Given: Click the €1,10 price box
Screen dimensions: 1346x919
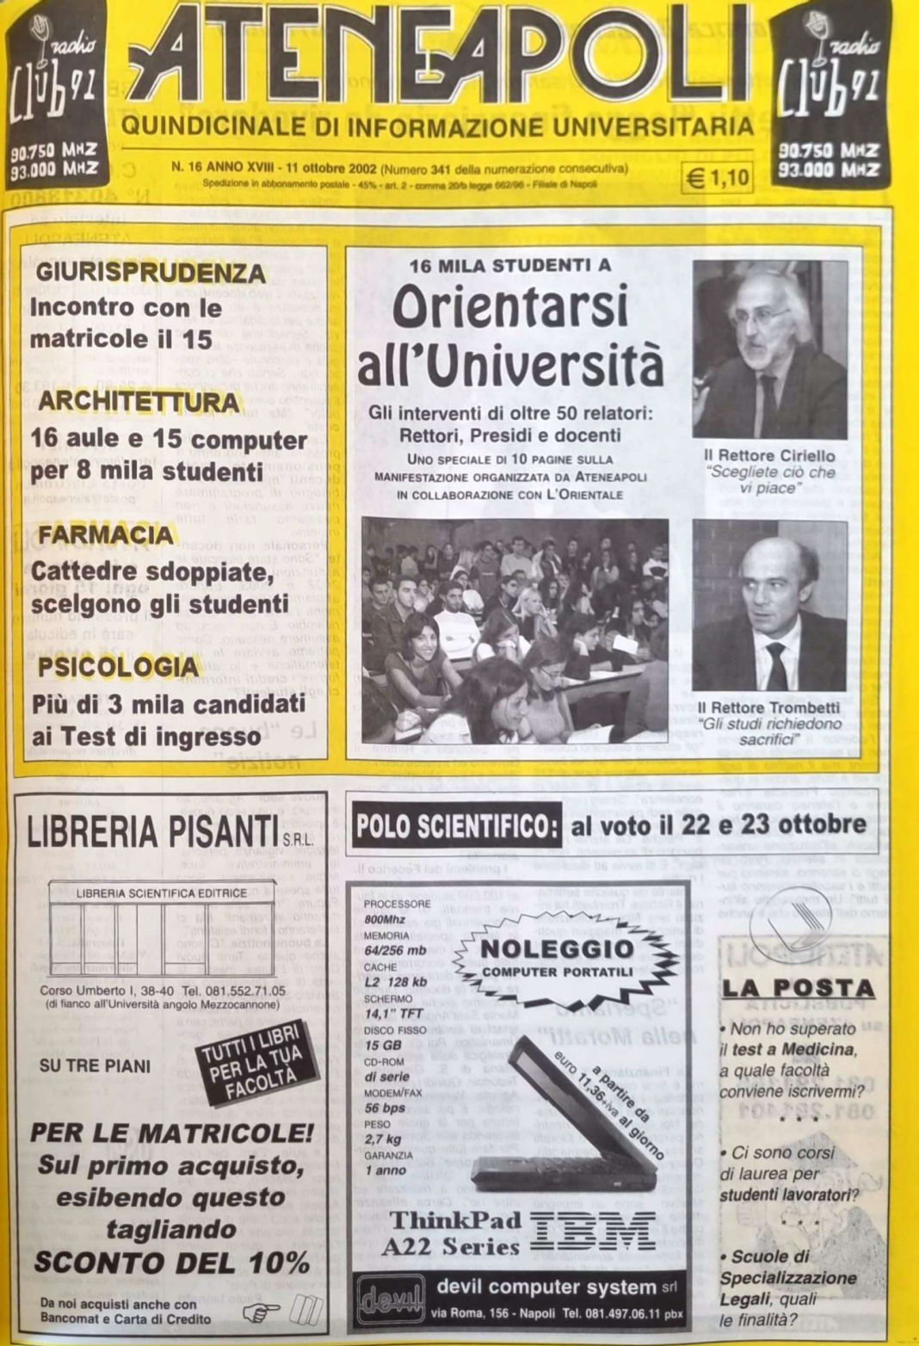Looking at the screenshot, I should click(x=717, y=177).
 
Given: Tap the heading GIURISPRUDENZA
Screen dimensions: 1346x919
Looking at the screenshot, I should click(x=151, y=273).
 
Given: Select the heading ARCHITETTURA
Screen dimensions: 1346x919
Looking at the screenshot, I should click(x=139, y=402).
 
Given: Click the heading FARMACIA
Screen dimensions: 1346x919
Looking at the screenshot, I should click(x=106, y=535).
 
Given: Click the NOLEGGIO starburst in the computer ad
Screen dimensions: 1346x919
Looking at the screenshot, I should click(x=556, y=956).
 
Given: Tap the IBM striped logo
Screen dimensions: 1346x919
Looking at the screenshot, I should click(x=591, y=1232).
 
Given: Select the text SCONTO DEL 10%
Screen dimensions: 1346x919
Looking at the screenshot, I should click(x=171, y=1263).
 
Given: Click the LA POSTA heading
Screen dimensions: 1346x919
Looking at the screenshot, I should click(x=797, y=988).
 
